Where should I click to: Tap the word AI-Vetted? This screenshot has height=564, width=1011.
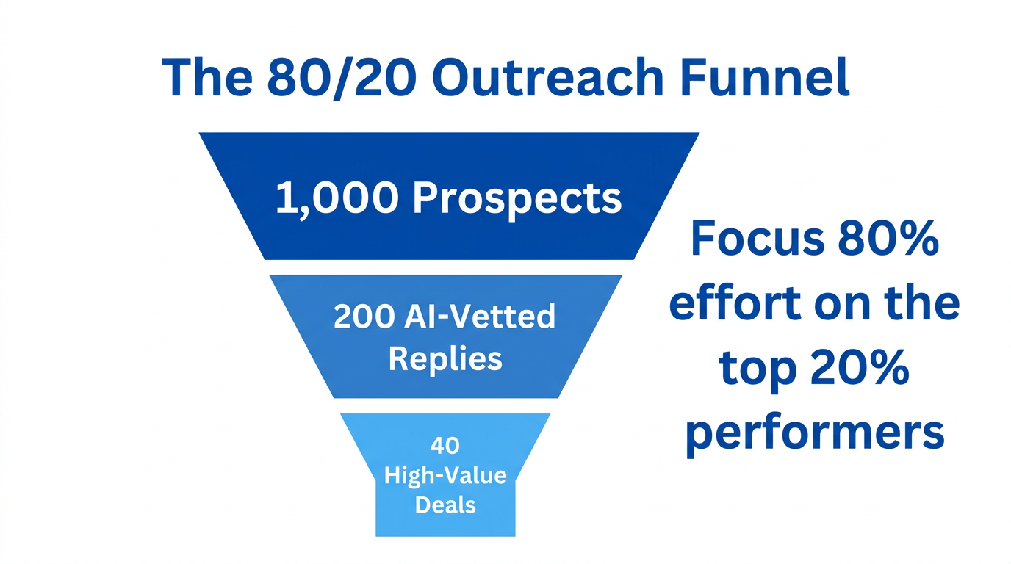point(480,317)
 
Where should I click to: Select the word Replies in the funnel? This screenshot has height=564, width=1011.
point(445,359)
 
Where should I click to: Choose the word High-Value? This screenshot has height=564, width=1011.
point(445,475)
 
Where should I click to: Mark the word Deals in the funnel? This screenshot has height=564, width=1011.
point(445,505)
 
